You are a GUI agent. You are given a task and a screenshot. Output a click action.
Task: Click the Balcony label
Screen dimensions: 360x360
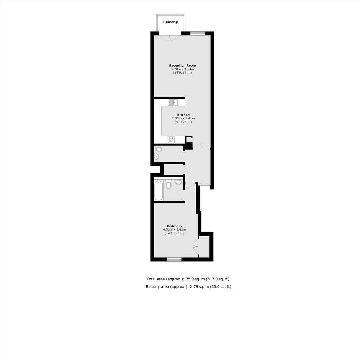point(170,22)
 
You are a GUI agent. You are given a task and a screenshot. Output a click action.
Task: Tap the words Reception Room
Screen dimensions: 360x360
point(183,65)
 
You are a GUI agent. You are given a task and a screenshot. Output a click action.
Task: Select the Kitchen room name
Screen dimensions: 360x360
point(183,115)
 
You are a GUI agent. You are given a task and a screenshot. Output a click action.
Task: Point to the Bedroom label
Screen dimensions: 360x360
point(174,226)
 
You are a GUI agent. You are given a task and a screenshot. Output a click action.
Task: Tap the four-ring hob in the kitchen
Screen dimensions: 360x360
point(171,139)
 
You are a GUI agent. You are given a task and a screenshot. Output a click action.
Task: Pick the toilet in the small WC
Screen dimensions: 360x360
point(158,149)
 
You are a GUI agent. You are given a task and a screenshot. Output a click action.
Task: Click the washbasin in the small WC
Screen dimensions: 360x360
point(157,157)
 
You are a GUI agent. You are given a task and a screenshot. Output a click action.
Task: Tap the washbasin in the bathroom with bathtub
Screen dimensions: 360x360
point(178,182)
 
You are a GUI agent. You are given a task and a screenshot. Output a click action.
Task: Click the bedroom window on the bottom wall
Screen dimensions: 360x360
point(174,259)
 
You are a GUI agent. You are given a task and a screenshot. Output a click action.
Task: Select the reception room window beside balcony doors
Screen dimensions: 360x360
point(198,33)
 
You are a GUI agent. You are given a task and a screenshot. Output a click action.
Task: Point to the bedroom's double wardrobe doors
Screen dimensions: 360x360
point(196,247)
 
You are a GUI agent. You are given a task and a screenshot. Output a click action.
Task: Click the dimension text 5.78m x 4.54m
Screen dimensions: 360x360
point(183,69)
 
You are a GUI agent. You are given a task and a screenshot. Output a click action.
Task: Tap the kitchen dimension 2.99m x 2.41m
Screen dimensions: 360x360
point(183,118)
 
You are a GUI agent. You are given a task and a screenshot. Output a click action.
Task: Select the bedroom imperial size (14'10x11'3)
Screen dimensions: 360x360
point(174,233)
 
